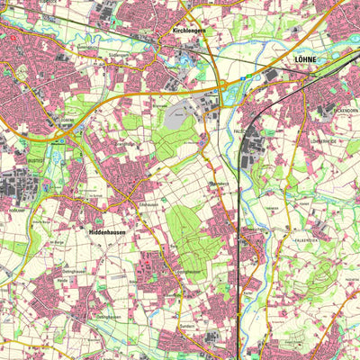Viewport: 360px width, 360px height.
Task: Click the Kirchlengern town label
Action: tap(190, 28)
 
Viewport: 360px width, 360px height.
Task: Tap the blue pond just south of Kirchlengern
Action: tap(186, 63)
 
